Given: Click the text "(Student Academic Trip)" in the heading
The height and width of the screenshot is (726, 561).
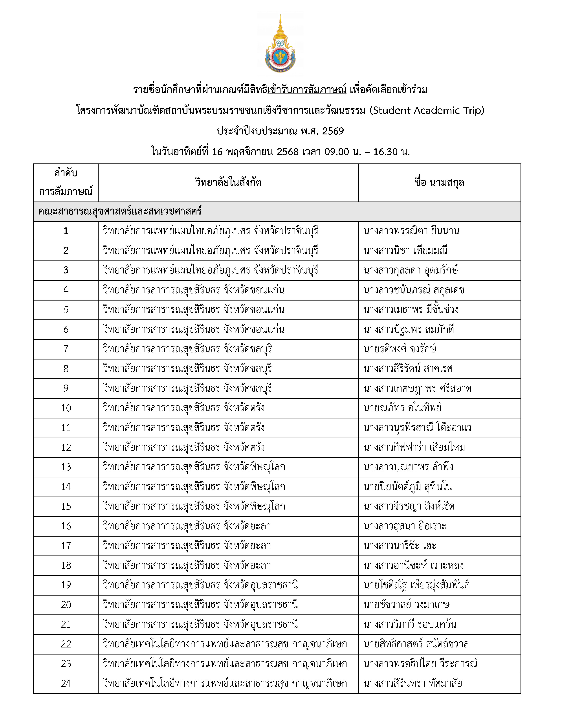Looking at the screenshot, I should (x=427, y=110).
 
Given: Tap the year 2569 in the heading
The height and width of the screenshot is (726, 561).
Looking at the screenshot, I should (x=333, y=131).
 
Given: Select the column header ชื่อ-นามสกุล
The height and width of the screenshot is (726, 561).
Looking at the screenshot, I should (x=439, y=183).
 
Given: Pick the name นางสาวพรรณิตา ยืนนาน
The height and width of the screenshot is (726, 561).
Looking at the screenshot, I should (x=411, y=231).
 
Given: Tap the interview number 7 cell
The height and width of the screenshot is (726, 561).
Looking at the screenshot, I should (x=66, y=349).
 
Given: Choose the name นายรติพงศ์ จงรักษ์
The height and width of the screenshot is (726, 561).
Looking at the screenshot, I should (x=400, y=349).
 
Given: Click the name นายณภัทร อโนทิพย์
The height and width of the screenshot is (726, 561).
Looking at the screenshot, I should (x=402, y=408).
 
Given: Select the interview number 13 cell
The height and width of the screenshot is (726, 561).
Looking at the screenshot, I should (x=66, y=467).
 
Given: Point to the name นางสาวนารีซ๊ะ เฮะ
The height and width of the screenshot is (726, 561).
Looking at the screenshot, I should (x=400, y=546).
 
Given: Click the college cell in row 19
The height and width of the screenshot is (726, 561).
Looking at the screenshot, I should (x=200, y=585).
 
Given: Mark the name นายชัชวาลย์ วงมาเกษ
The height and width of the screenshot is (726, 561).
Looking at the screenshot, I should (x=406, y=605).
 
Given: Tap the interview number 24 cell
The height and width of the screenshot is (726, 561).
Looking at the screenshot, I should (x=66, y=684).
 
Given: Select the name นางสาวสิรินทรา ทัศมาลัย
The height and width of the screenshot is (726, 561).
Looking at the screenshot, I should (x=412, y=684).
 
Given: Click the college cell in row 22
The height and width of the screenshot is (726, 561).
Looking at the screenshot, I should (x=225, y=644).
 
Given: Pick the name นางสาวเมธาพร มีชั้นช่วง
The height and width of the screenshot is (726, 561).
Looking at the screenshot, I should (x=411, y=310).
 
